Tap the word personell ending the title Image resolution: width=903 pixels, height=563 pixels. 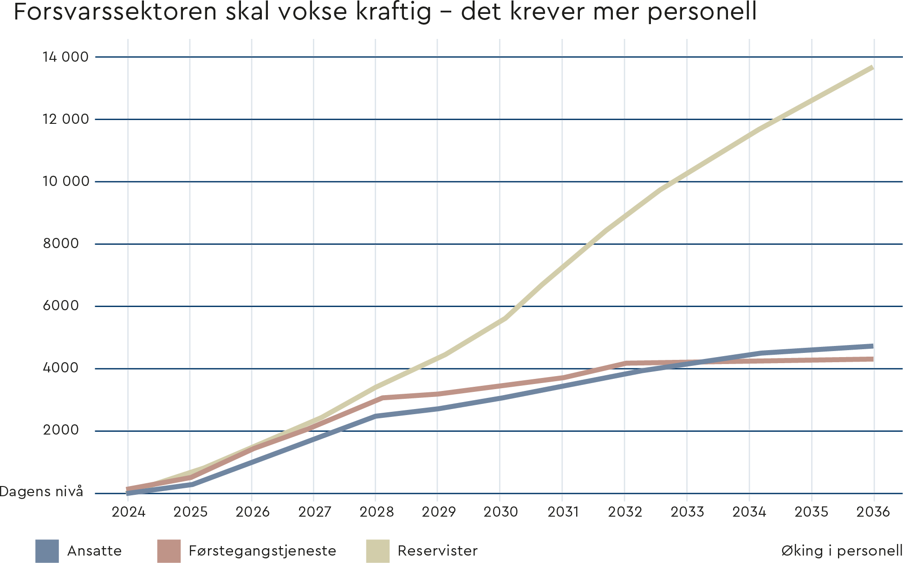[x=702, y=12]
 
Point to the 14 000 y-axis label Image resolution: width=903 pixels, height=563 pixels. [x=65, y=57]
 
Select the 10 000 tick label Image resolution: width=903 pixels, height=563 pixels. [x=65, y=181]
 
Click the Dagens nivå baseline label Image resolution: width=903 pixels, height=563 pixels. [x=41, y=492]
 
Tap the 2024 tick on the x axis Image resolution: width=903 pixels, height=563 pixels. [x=128, y=512]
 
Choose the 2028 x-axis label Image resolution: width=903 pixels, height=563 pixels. [x=376, y=512]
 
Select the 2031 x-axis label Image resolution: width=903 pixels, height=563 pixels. [x=563, y=512]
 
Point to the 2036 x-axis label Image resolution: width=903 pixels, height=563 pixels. [x=873, y=512]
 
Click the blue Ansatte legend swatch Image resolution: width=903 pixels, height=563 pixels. [x=47, y=551]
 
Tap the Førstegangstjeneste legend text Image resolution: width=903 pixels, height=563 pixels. [x=262, y=551]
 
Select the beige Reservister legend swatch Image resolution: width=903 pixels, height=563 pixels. [x=377, y=551]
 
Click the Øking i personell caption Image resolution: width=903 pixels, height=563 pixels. [x=841, y=551]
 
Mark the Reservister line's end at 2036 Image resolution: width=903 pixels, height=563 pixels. [x=872, y=68]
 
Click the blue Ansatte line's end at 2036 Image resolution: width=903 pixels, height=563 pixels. [x=872, y=346]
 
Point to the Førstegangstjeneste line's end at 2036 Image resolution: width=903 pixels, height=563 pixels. [x=872, y=359]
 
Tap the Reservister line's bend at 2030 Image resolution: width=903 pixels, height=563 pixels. [x=504, y=319]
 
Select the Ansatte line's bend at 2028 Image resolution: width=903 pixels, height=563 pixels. [x=376, y=416]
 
